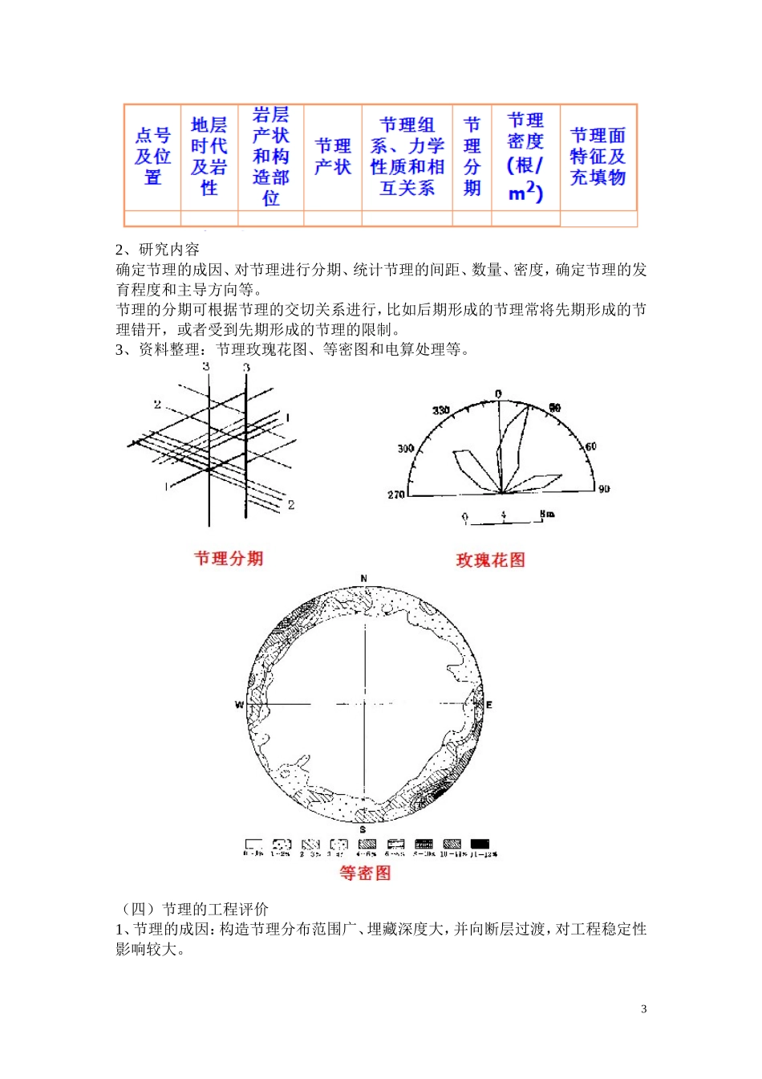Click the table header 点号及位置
[x=152, y=157]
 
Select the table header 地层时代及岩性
[x=209, y=157]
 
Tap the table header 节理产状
[x=333, y=157]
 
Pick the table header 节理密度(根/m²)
[x=525, y=157]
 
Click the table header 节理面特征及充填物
[x=598, y=157]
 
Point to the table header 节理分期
[x=472, y=157]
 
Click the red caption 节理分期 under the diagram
[x=229, y=559]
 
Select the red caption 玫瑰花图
[x=490, y=560]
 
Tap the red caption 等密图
[x=365, y=873]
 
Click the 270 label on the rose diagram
[x=396, y=495]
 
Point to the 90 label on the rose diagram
[x=604, y=488]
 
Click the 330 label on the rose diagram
[x=441, y=411]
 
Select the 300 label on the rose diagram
[x=406, y=448]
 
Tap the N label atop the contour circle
[x=364, y=579]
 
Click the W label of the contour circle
[x=239, y=705]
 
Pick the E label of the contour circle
[x=489, y=705]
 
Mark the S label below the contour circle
[x=363, y=829]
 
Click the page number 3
[x=643, y=1009]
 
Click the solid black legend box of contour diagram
[x=480, y=844]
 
